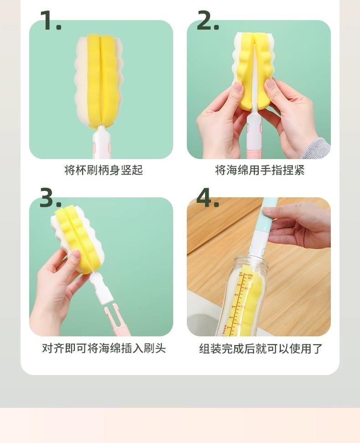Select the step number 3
[50, 197]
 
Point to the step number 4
[208, 197]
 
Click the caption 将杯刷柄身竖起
[104, 170]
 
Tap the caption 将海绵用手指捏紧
[260, 170]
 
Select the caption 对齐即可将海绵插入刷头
[104, 348]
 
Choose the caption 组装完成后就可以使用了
[261, 349]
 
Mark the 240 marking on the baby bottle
[250, 275]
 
